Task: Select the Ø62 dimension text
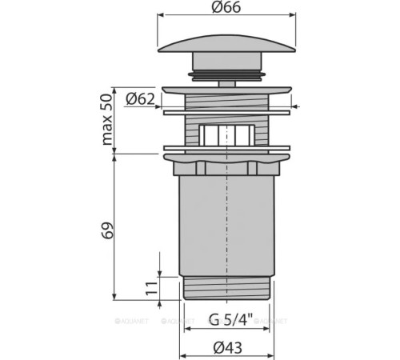click(142, 99)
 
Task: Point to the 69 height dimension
click(106, 230)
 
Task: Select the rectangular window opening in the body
click(228, 134)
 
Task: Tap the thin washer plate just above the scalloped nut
click(228, 148)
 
